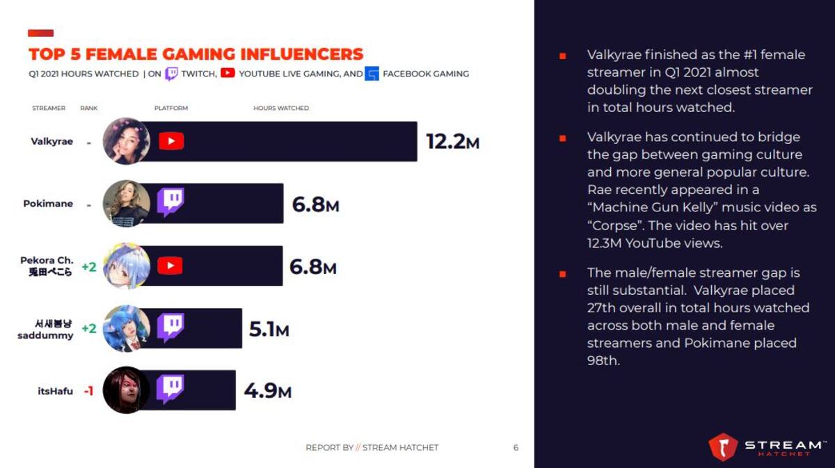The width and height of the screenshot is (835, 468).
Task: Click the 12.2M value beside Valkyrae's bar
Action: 452,142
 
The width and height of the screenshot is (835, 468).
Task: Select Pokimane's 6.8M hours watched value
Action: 315,204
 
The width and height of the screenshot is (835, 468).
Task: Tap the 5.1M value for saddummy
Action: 269,329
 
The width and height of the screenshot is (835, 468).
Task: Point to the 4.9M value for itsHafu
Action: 268,391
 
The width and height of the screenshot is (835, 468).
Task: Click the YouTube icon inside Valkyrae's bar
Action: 171,141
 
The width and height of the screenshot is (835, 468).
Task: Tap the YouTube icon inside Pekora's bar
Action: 170,266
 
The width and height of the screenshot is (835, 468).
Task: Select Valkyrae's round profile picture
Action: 127,141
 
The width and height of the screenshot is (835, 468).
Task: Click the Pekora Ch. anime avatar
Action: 127,266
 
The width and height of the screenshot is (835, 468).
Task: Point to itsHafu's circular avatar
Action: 127,390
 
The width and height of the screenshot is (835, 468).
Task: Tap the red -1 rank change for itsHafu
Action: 89,391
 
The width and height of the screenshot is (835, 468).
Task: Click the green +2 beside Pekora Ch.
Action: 89,267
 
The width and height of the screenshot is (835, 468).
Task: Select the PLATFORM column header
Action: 171,108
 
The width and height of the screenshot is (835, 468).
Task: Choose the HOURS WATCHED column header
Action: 281,108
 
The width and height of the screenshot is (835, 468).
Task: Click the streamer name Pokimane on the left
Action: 48,204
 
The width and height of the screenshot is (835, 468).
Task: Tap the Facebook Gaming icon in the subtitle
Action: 372,74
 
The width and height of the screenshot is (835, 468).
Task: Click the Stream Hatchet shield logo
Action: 723,446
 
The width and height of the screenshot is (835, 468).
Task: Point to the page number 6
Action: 516,448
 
